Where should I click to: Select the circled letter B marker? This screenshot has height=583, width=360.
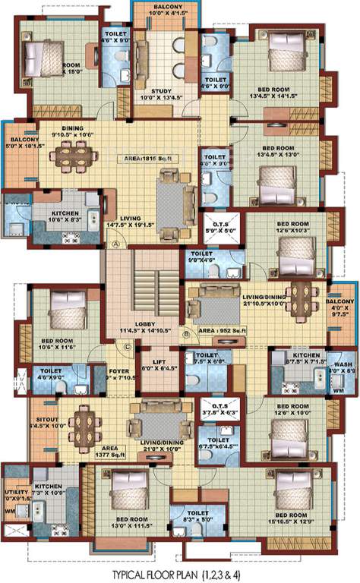point(185,332)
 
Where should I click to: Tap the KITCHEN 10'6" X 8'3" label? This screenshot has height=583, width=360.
point(65,216)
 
